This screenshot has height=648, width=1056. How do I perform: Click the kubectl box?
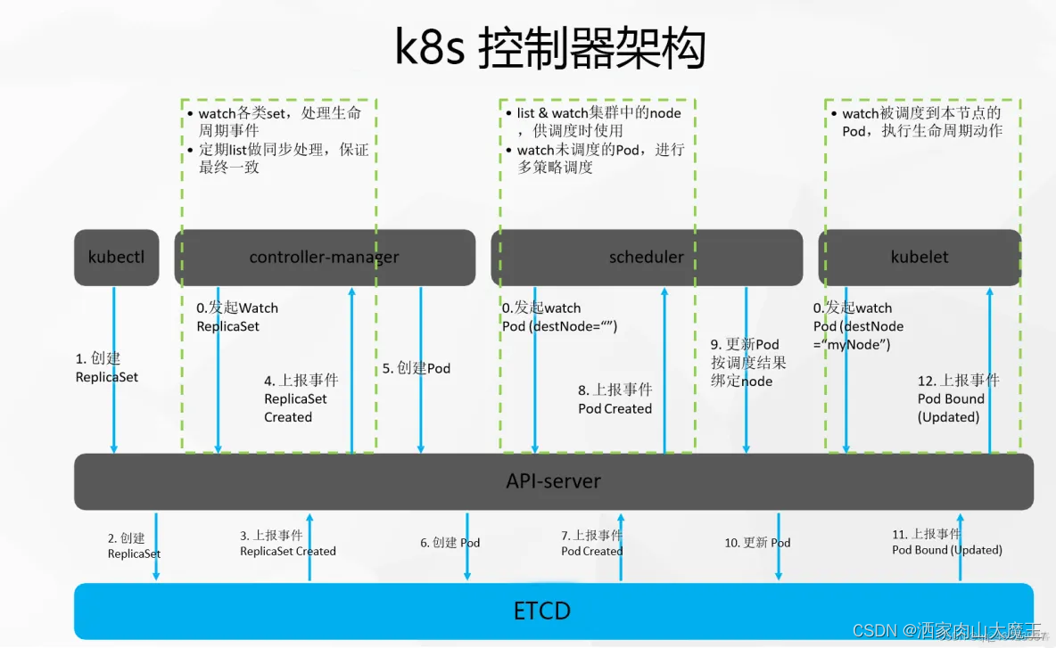[x=117, y=258]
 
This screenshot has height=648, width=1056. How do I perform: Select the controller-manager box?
[x=325, y=258]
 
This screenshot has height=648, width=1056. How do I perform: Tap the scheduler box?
[x=646, y=258]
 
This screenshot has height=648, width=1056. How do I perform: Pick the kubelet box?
[x=920, y=258]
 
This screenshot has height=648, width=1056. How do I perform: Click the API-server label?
[x=553, y=481]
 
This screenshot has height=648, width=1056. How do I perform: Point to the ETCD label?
[x=542, y=611]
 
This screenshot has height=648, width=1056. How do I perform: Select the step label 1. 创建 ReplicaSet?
[x=106, y=367]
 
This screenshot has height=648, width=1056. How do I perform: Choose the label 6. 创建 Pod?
[x=450, y=543]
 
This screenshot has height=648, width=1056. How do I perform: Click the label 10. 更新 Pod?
[x=756, y=543]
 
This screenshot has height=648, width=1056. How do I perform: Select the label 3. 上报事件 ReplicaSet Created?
[x=287, y=543]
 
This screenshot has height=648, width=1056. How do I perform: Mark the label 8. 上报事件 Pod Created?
[x=615, y=399]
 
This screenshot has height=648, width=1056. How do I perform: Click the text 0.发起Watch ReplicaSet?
[x=237, y=316]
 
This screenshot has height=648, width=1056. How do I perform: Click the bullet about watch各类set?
[x=278, y=121]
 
